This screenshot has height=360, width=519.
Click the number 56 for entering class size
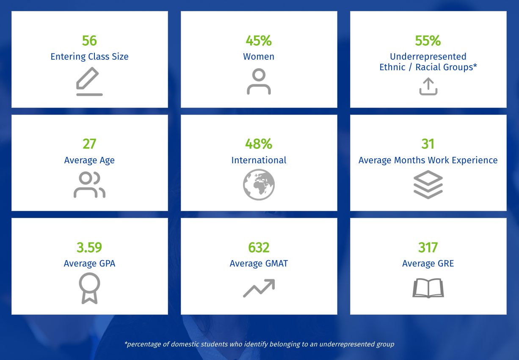(89, 41)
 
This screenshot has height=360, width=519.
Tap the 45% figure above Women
(259, 41)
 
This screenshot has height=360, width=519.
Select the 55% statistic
(428, 41)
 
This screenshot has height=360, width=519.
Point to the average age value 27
(89, 144)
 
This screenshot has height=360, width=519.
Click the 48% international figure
(259, 144)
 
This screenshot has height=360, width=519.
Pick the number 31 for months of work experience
(428, 144)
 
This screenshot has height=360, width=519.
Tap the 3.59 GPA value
(89, 247)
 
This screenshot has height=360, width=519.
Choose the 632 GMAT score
(259, 247)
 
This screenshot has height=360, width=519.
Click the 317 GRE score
(428, 247)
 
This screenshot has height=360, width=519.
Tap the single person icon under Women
(259, 82)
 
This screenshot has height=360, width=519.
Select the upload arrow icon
(428, 86)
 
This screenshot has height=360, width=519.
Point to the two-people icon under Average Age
(89, 185)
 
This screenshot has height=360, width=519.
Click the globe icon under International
(259, 185)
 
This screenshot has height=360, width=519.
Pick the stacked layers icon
(428, 185)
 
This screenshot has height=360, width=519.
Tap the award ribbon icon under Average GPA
(89, 288)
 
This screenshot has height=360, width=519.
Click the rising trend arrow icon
(259, 288)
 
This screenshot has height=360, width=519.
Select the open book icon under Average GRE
(428, 288)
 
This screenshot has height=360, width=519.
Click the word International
(259, 160)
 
